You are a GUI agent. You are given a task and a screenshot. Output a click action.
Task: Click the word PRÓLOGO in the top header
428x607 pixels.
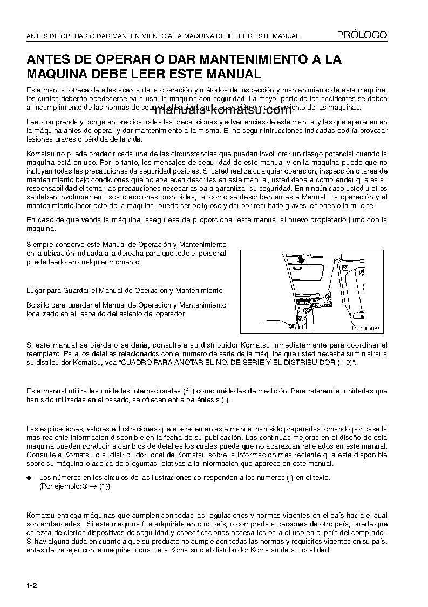pyautogui.click(x=362, y=35)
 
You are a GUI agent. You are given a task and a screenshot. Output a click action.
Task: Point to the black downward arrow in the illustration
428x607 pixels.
pyautogui.click(x=300, y=260)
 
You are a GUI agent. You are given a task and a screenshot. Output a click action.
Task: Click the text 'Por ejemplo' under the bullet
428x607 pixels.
pyautogui.click(x=59, y=486)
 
